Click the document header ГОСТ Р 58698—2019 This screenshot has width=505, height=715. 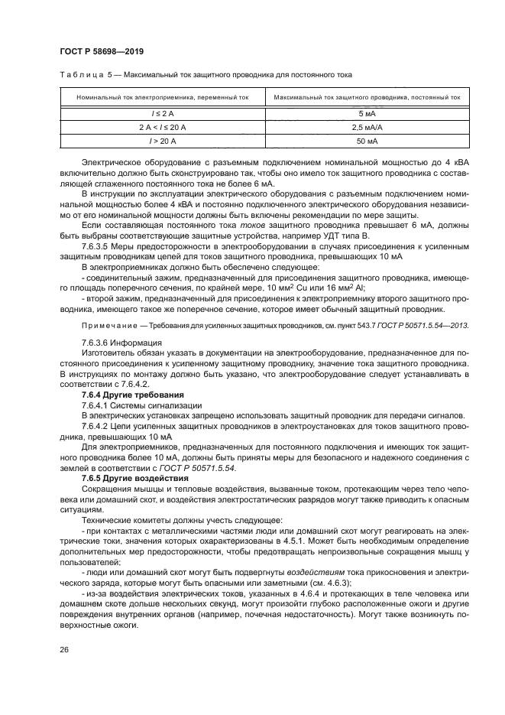(x=102, y=50)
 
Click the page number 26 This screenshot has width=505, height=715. (x=64, y=650)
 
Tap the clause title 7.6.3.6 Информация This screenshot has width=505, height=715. (x=121, y=343)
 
